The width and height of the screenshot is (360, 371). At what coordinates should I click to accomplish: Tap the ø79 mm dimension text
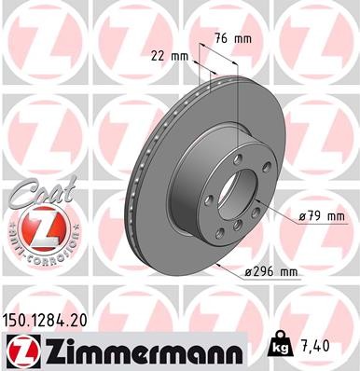pyautogui.click(x=321, y=217)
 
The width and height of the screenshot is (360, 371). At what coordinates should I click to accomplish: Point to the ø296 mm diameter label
pyautogui.click(x=270, y=271)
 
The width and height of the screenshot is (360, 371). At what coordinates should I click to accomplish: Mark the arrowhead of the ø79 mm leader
pyautogui.click(x=270, y=212)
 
